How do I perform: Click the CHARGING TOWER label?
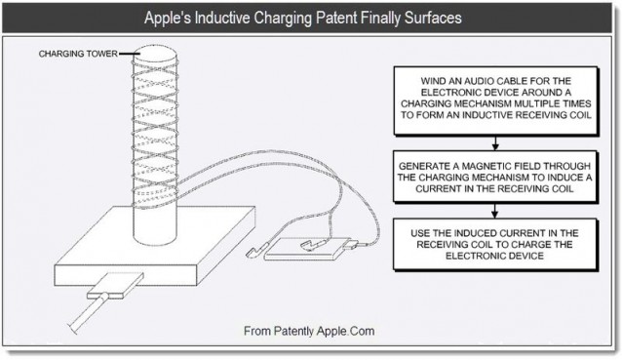(76, 54)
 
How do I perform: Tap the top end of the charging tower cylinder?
(154, 51)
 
